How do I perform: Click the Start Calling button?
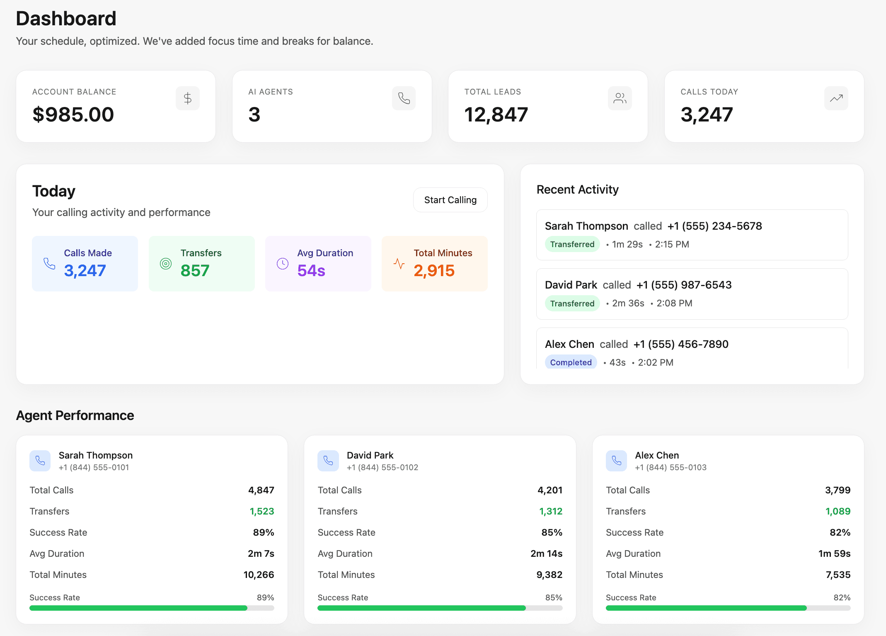[450, 200]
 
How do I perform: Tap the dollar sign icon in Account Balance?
[187, 98]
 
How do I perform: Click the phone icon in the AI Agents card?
[404, 98]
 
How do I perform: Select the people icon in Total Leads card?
[620, 98]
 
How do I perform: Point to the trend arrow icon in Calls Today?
[836, 98]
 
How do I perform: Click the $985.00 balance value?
[73, 114]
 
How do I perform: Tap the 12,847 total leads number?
[496, 114]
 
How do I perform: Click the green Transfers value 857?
[195, 271]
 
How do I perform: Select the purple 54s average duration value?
[311, 271]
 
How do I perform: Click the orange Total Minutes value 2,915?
[434, 271]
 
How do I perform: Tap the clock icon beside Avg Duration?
[283, 264]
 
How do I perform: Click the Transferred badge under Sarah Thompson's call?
[572, 244]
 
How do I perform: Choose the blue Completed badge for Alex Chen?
[571, 362]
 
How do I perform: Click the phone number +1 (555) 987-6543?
[684, 285]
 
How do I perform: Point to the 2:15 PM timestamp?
[672, 244]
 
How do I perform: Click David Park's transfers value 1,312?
[551, 511]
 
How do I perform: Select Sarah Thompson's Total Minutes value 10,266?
[259, 575]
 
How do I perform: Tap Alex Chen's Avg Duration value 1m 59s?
[834, 553]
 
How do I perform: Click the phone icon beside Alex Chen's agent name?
[616, 461]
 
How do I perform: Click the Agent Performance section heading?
[75, 415]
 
